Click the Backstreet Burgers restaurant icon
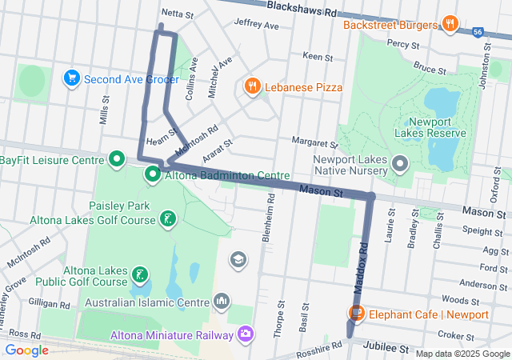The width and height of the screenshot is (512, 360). click(x=450, y=24)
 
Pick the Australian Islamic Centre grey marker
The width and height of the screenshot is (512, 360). click(x=222, y=302)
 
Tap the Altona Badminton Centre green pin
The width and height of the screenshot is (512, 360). click(x=152, y=174)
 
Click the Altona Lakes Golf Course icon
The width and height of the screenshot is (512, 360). click(x=167, y=219)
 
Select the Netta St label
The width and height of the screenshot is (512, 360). click(x=177, y=14)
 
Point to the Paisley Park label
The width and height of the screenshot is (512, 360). click(x=119, y=206)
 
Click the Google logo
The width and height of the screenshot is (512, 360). click(x=26, y=350)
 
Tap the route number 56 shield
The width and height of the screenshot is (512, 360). click(x=478, y=32)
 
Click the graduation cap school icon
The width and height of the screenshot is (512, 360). click(x=238, y=259)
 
